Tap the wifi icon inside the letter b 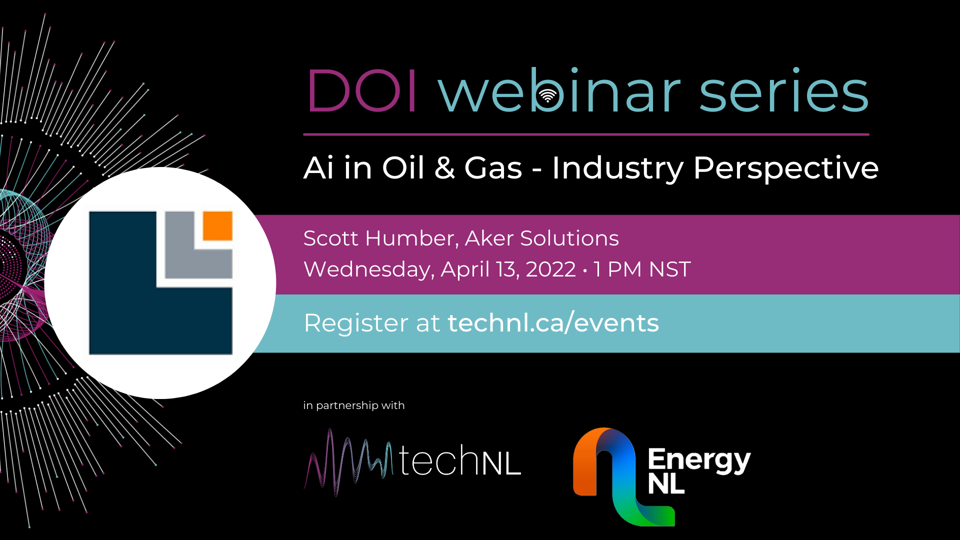548,95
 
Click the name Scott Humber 381,238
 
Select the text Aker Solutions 542,238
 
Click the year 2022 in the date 550,269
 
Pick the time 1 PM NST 642,269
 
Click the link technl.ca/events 553,322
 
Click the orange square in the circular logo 217,225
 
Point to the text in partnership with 354,405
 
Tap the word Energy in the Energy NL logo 699,460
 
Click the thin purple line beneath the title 586,134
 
